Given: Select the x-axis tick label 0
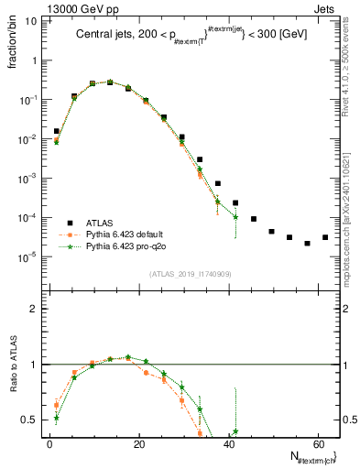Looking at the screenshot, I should coord(49,444).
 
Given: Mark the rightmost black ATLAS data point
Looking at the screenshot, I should coord(324,237).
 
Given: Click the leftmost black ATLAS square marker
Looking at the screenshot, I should coord(57,131).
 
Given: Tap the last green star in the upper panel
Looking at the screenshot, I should coord(235,217).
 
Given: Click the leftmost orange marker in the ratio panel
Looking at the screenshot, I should coord(57,404).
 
